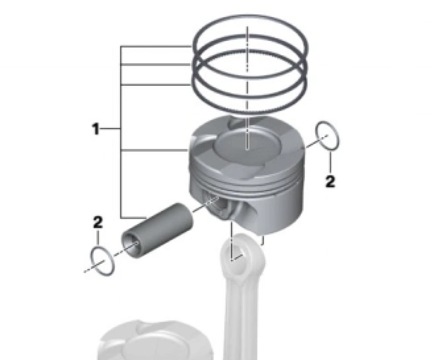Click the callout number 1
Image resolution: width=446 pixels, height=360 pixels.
[96, 129]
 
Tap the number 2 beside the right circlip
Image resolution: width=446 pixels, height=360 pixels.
[330, 182]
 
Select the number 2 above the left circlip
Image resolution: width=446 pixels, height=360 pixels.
[98, 222]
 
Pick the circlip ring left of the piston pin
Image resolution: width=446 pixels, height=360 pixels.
[102, 261]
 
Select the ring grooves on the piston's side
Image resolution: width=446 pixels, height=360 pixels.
[247, 182]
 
